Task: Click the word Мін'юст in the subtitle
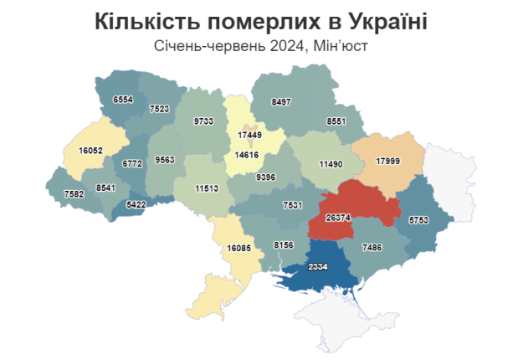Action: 339,47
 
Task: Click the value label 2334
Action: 317,267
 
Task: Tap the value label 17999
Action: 390,161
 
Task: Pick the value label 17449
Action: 250,135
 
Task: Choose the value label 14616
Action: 247,155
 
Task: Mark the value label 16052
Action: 90,150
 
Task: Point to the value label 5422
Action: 136,203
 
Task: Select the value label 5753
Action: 420,219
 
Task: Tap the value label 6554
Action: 123,99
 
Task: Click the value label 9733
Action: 203,121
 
